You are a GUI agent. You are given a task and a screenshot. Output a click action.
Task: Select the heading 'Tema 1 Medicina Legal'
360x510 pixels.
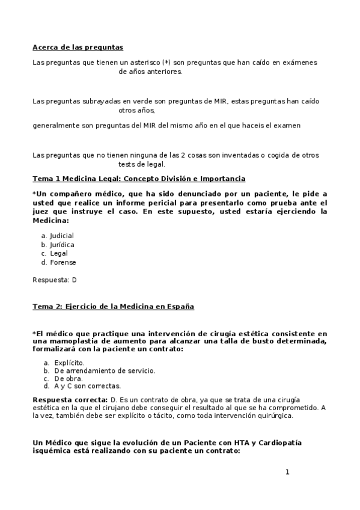tap(138, 179)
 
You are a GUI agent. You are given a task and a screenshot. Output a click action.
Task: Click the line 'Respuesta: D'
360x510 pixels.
tap(54, 280)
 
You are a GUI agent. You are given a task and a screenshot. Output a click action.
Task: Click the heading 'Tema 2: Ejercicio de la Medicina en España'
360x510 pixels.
tap(113, 306)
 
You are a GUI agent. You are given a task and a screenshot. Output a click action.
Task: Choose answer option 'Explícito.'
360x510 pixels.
tap(69, 363)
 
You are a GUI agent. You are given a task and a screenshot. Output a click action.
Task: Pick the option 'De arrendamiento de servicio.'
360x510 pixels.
tap(96, 370)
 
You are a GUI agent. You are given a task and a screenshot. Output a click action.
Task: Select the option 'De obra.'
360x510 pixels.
tap(66, 378)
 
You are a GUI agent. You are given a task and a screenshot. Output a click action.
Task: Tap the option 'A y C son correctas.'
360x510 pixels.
tap(87, 386)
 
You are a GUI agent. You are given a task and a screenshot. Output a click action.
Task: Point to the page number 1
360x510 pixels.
tap(287, 472)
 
